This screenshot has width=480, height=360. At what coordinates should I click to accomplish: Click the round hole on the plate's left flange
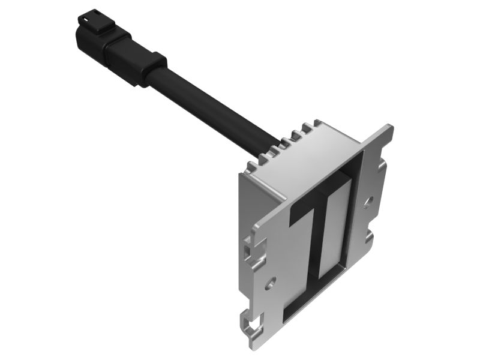[x=271, y=280]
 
